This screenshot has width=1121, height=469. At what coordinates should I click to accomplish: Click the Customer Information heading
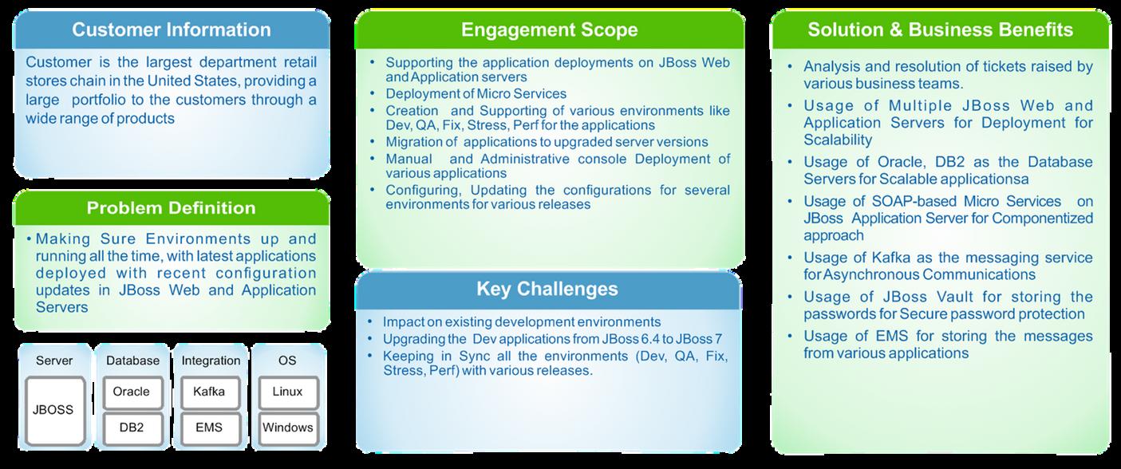click(x=171, y=30)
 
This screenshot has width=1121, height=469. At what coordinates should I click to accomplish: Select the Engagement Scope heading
click(x=549, y=30)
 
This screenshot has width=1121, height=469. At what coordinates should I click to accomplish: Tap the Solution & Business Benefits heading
click(x=940, y=30)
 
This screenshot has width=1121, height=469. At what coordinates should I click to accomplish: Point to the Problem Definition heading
click(x=171, y=208)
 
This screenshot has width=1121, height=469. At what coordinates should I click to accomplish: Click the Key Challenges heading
click(x=547, y=289)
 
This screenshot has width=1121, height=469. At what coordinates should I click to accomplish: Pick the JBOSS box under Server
click(x=53, y=410)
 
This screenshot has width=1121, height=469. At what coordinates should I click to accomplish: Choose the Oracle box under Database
click(x=132, y=392)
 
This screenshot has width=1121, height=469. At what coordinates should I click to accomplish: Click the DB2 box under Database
click(x=132, y=428)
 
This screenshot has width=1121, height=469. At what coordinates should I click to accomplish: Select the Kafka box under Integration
click(x=209, y=392)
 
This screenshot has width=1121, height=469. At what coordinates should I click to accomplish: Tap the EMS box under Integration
click(x=209, y=428)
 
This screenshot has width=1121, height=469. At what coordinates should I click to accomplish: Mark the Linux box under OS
click(x=287, y=392)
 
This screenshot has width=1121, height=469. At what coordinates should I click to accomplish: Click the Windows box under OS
click(x=287, y=428)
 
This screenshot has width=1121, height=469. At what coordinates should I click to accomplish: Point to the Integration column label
click(x=210, y=361)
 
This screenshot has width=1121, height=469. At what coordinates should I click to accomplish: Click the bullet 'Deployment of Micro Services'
click(x=476, y=93)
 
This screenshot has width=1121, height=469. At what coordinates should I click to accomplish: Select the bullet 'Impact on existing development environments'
click(x=522, y=322)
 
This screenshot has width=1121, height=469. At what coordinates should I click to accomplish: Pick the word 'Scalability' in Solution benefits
click(x=838, y=140)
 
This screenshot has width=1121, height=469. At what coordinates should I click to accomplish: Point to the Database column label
click(x=132, y=361)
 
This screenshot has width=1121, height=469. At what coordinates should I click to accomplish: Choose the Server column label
click(x=54, y=361)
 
